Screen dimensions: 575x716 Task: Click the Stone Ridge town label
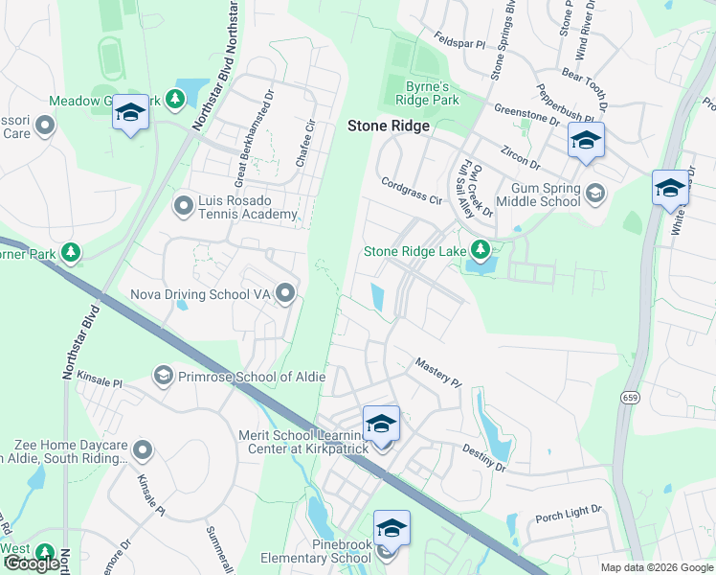(x=388, y=126)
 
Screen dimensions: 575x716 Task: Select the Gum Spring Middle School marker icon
(x=595, y=194)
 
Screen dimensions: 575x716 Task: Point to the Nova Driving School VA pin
(x=285, y=293)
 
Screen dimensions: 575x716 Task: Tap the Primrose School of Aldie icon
(x=163, y=376)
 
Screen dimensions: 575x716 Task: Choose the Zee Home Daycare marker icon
(x=144, y=448)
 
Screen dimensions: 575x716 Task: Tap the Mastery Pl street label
(x=437, y=372)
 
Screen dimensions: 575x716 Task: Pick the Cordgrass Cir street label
(x=412, y=192)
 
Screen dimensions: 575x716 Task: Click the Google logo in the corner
(x=32, y=563)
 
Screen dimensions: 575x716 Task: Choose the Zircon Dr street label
(x=523, y=157)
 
